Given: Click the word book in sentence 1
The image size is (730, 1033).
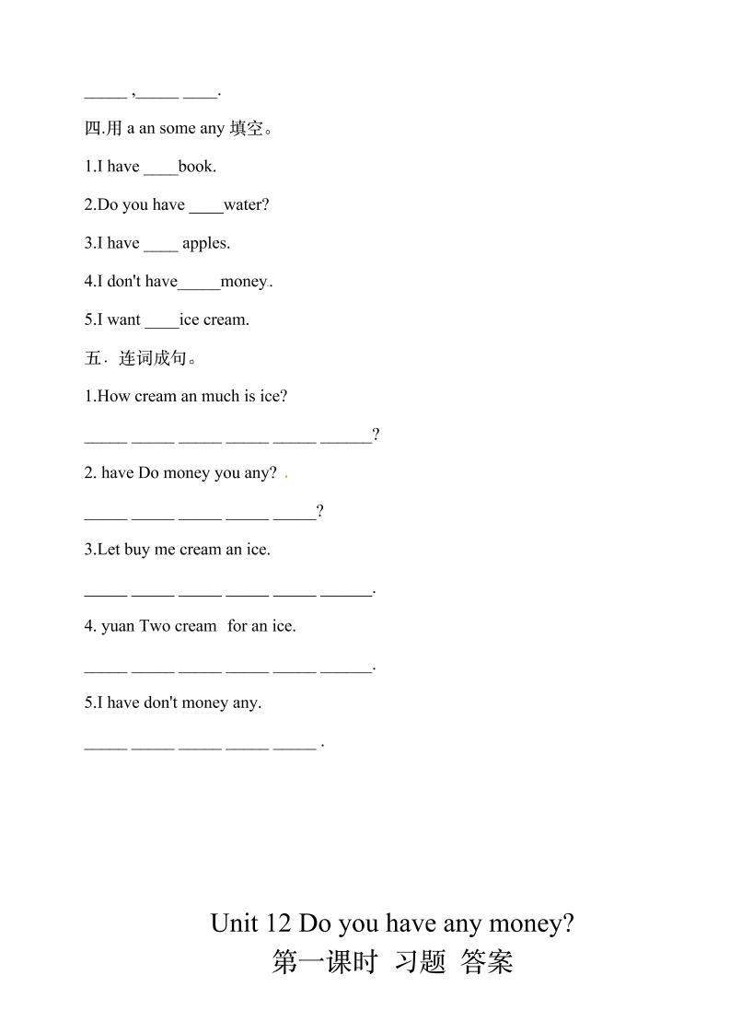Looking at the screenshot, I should point(197,167).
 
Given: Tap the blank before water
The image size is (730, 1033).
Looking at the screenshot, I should point(206,206).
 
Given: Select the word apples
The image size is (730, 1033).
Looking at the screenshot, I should point(206,244).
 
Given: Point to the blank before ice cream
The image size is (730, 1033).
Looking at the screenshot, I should point(162,321).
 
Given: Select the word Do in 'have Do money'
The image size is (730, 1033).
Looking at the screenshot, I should point(148,473).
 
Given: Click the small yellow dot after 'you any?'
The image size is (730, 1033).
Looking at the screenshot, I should point(287,476).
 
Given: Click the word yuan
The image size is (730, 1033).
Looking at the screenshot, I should point(118,626).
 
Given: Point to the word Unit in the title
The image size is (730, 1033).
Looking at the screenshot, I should point(234,923).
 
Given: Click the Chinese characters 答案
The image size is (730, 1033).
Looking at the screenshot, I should point(487,962).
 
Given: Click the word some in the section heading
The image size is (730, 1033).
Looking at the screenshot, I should point(177,129).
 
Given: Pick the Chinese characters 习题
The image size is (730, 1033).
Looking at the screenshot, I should point(420,962).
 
